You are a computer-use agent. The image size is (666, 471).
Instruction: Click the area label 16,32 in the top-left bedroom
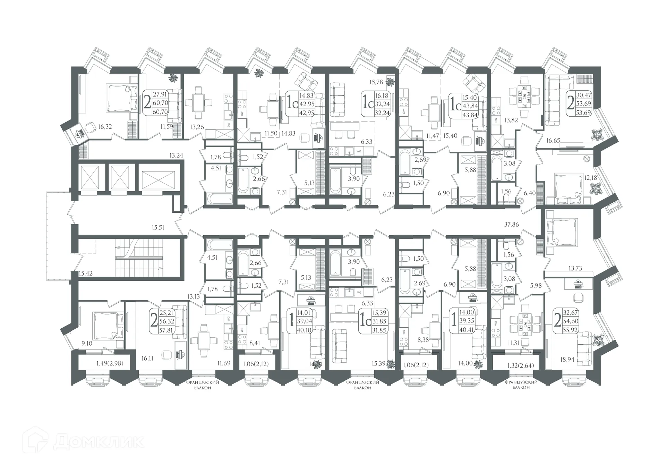(x=105, y=127)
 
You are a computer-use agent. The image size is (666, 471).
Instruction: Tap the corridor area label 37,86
(x=511, y=225)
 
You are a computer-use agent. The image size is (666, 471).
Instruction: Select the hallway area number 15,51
(x=158, y=228)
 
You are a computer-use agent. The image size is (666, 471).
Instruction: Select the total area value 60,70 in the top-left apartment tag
(x=160, y=103)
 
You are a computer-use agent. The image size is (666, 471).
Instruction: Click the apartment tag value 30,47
(x=583, y=95)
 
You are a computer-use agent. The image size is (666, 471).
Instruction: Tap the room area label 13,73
(x=575, y=268)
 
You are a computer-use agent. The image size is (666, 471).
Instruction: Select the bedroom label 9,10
(x=86, y=344)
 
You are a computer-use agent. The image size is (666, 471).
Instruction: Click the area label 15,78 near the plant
(x=376, y=82)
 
